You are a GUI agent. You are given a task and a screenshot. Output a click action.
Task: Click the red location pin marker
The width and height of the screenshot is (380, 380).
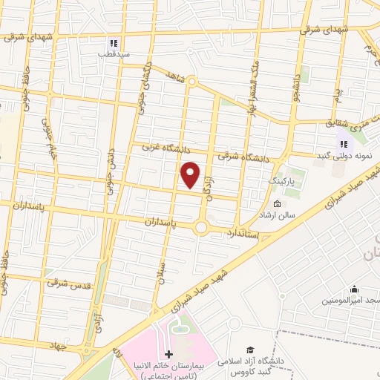pos(191,174)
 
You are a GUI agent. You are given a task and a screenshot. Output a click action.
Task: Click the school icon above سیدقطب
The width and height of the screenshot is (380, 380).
pos(114,42)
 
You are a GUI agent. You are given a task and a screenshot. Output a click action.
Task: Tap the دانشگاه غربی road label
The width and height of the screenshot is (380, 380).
pos(168,148)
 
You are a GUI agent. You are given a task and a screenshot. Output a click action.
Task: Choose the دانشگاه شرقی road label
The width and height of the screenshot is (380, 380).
pos(243,157)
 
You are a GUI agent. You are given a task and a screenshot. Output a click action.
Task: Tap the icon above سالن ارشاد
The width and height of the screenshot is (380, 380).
pos(277,204)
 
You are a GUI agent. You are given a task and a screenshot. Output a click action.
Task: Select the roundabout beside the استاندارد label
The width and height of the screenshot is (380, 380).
pos(201,227)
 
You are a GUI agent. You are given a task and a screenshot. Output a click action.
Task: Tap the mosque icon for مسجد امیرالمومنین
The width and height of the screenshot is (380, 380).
pos(355,289)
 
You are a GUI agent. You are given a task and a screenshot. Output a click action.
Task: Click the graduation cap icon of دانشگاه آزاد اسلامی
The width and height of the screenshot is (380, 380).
pos(251,349)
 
